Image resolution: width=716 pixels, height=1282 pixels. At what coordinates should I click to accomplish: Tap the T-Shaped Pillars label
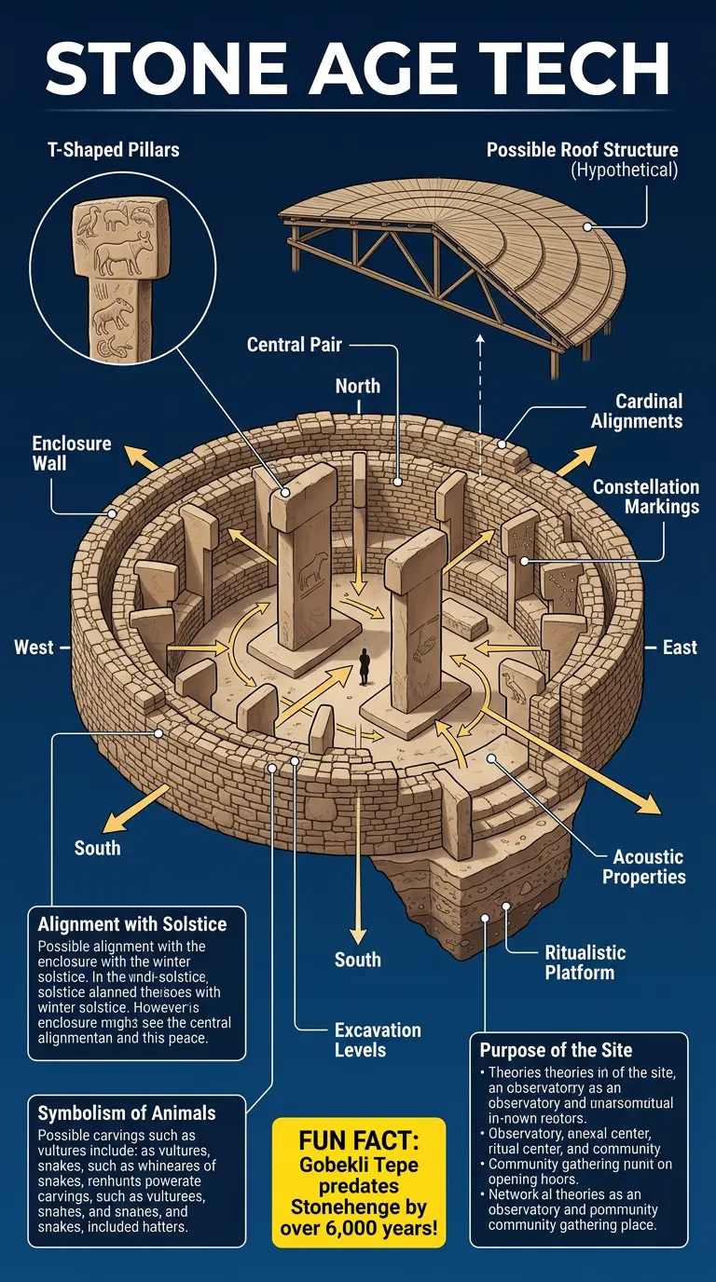[114, 150]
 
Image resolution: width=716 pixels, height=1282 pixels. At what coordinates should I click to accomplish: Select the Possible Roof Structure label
[582, 150]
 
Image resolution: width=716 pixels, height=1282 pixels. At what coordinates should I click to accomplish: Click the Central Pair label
[295, 345]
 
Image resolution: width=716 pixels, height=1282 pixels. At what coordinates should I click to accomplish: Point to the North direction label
[357, 386]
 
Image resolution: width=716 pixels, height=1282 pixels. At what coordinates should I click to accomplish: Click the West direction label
[34, 647]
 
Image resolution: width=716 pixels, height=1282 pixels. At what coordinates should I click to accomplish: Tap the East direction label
[680, 647]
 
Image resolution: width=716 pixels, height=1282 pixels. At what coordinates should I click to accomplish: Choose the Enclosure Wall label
[72, 452]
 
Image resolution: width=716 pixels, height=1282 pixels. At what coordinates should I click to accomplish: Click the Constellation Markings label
[645, 497]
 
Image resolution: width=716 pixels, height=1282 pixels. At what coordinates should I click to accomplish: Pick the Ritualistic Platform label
[585, 962]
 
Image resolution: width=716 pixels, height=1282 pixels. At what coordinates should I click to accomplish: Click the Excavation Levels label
[378, 1040]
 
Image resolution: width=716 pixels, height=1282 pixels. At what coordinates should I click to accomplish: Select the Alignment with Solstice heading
[132, 924]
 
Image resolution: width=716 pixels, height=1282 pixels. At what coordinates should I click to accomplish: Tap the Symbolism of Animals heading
[127, 1112]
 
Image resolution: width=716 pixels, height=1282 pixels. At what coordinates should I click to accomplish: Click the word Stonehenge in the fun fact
[359, 1207]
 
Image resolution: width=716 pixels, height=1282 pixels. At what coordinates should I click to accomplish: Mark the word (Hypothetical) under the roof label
[623, 170]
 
